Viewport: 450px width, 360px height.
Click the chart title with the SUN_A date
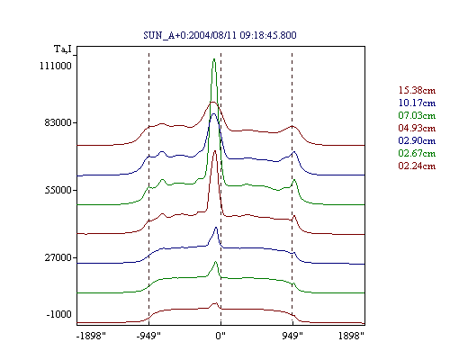pyautogui.click(x=220, y=35)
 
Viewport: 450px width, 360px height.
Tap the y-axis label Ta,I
pyautogui.click(x=63, y=49)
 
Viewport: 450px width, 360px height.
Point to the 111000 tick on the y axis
pyautogui.click(x=56, y=66)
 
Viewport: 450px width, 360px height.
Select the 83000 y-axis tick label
pyautogui.click(x=56, y=122)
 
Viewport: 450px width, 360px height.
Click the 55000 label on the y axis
pyautogui.click(x=58, y=190)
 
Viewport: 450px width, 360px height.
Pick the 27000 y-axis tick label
pyautogui.click(x=58, y=257)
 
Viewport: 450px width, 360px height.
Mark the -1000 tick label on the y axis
pyautogui.click(x=58, y=314)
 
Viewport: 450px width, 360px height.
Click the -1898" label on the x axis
pyautogui.click(x=91, y=336)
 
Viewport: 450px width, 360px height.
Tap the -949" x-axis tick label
pyautogui.click(x=148, y=336)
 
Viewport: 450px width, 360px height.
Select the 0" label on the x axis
pyautogui.click(x=220, y=336)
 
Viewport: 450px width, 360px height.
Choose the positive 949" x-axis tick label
pyautogui.click(x=292, y=336)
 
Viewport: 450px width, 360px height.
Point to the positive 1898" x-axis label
pyautogui.click(x=351, y=336)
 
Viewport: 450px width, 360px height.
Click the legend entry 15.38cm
pyautogui.click(x=417, y=90)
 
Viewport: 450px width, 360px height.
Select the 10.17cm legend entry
pyautogui.click(x=417, y=103)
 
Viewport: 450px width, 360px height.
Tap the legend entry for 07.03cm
pyautogui.click(x=417, y=115)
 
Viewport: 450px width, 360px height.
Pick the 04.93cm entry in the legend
pyautogui.click(x=417, y=128)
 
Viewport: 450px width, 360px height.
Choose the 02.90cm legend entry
pyautogui.click(x=417, y=140)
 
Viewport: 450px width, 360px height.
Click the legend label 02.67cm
pyautogui.click(x=417, y=153)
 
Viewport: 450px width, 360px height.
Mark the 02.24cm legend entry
pyautogui.click(x=417, y=166)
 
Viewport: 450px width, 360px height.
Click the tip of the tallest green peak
pyautogui.click(x=214, y=58)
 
